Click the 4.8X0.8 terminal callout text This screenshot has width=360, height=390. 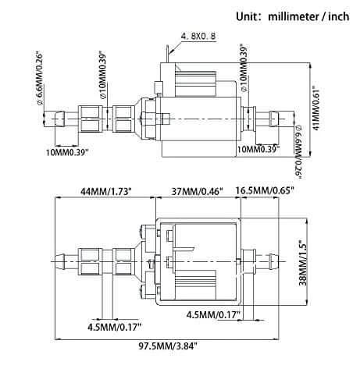point(198,37)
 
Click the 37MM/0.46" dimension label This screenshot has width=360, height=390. point(191,190)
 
